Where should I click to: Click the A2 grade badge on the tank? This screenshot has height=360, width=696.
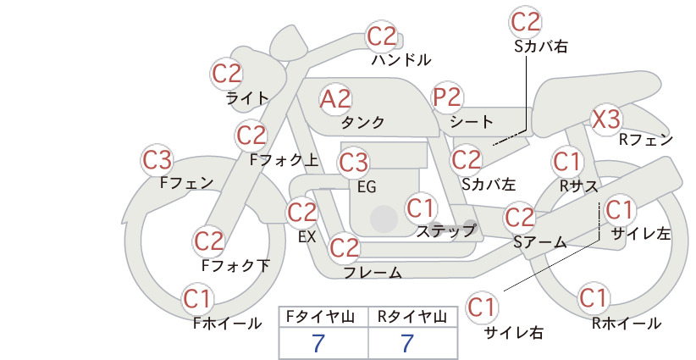coord(335,99)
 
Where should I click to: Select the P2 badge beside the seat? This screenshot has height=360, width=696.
coord(447,97)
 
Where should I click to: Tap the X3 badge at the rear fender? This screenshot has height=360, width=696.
coord(606,119)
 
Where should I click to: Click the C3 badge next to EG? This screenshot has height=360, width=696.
coord(353,162)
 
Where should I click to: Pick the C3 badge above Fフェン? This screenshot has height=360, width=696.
coord(157,160)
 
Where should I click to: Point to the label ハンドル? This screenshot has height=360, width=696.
coord(400,59)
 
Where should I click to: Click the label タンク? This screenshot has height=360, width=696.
coord(362,122)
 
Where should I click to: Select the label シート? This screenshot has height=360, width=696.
coord(472,121)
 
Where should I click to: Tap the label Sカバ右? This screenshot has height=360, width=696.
coord(541,47)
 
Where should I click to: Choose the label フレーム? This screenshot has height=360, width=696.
coord(373,272)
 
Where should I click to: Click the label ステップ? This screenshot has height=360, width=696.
coord(445,230)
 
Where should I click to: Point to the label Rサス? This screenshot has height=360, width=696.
coord(579,186)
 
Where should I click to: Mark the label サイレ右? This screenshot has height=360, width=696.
coord(514,333)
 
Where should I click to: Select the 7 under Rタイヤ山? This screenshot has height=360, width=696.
coord(407,343)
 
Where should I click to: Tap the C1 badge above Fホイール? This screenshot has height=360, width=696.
coord(196,299)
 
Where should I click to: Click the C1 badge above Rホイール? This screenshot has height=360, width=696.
coord(593,298)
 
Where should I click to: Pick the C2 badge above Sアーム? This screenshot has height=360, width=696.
coord(520,218)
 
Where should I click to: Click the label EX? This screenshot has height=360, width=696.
coord(307,237)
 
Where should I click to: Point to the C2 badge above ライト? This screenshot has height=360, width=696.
coord(227,74)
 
